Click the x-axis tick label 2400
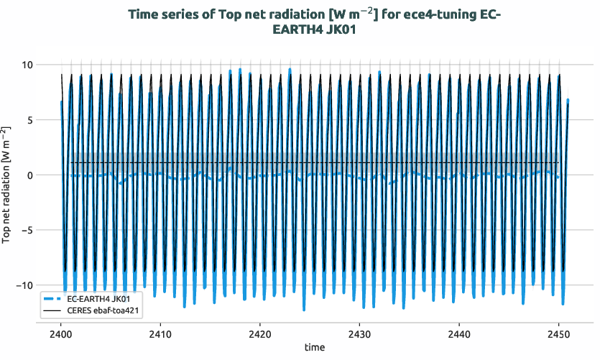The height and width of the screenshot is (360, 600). [x=60, y=335]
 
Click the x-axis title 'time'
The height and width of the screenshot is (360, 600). [x=314, y=348]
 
